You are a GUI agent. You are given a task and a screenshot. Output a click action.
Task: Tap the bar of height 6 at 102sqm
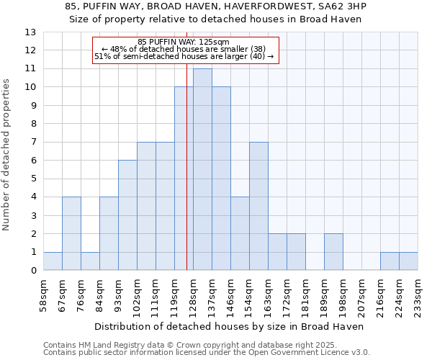(x=127, y=215)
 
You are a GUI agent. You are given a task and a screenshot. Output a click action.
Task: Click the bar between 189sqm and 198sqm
(x=333, y=252)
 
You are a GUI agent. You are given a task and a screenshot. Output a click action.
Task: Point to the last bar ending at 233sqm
(x=408, y=261)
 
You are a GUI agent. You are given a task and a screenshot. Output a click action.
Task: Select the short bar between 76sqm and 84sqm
(x=90, y=261)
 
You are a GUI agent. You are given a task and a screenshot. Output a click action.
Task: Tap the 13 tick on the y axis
(x=31, y=32)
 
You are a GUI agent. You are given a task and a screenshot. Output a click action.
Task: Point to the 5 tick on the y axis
(x=33, y=179)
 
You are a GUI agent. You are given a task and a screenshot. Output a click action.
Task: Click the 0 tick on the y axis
(x=33, y=271)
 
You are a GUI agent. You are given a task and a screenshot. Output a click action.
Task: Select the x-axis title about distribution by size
(x=229, y=326)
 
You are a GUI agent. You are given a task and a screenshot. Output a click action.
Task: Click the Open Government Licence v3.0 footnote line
(x=207, y=353)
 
